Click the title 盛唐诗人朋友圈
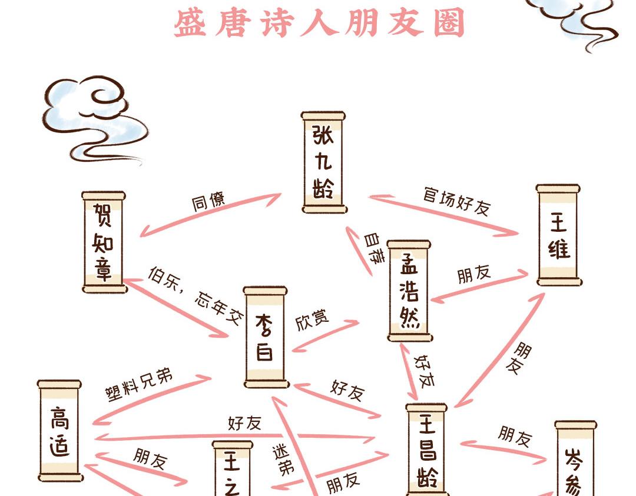point(319,23)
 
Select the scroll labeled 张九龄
point(324,162)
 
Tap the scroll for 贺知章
point(104,242)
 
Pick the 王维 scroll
point(558,235)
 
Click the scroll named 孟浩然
point(409,291)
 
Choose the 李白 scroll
point(266,337)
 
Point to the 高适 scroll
point(60,431)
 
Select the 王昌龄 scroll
point(427,450)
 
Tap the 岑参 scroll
point(576,458)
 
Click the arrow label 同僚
point(208,201)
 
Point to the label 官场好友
point(457,201)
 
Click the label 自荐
point(373,248)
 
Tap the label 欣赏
point(312,320)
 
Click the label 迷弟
point(283,460)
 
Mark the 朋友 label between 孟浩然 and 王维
point(473,274)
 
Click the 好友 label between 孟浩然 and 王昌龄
point(425,372)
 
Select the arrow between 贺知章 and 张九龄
point(210,215)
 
